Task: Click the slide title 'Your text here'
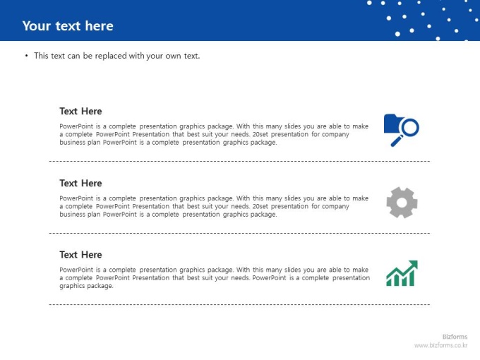pyautogui.click(x=68, y=26)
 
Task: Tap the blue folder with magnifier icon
pyautogui.click(x=402, y=130)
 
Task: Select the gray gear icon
pyautogui.click(x=402, y=203)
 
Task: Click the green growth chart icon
pyautogui.click(x=402, y=273)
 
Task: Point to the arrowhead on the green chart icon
pyautogui.click(x=413, y=265)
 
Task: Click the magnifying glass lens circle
pyautogui.click(x=410, y=127)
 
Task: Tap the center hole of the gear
pyautogui.click(x=402, y=203)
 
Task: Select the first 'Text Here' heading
pyautogui.click(x=80, y=111)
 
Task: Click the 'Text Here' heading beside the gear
pyautogui.click(x=80, y=183)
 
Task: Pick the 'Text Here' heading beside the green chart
pyautogui.click(x=80, y=255)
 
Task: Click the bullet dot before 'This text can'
pyautogui.click(x=27, y=56)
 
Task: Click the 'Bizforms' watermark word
pyautogui.click(x=455, y=337)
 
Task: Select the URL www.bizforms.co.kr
pyautogui.click(x=440, y=345)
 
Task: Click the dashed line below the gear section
pyautogui.click(x=239, y=233)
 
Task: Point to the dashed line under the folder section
pyautogui.click(x=239, y=161)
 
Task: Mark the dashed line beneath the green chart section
pyautogui.click(x=239, y=305)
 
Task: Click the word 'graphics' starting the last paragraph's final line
pyautogui.click(x=71, y=286)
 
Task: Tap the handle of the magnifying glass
pyautogui.click(x=397, y=140)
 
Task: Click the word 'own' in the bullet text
pyautogui.click(x=173, y=56)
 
